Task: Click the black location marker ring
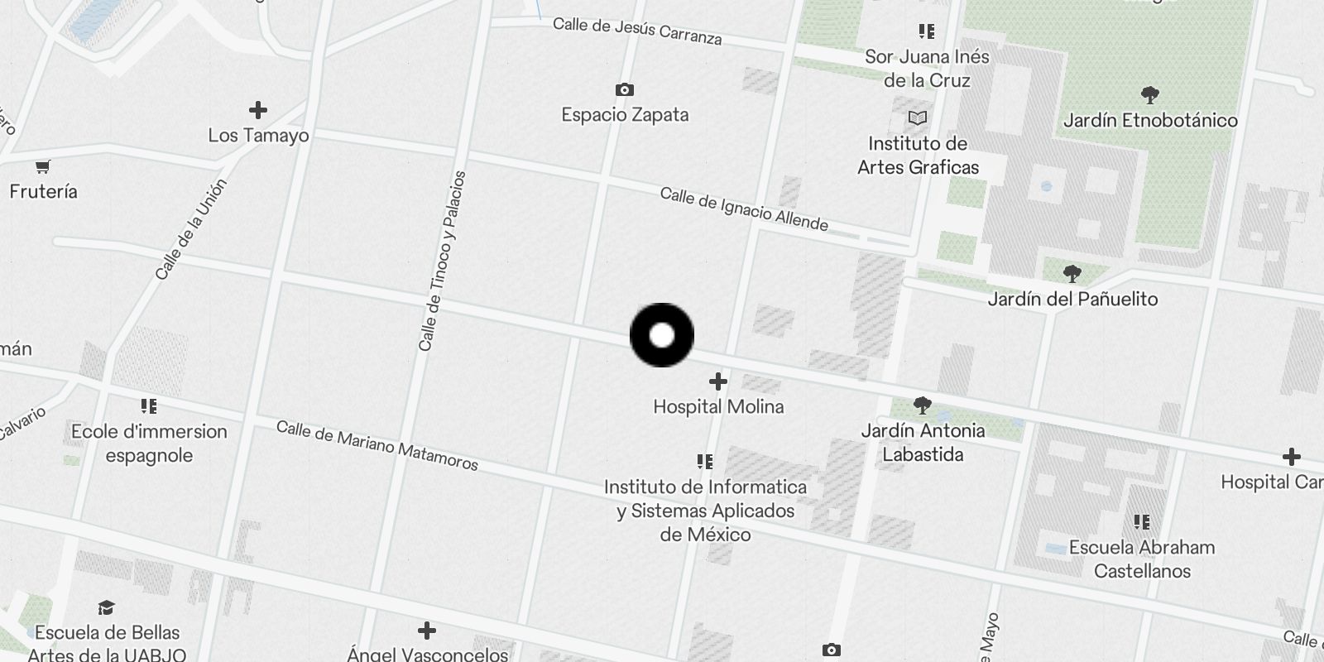click(662, 335)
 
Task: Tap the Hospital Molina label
click(718, 406)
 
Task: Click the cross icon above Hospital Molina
click(718, 381)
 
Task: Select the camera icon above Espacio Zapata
click(625, 89)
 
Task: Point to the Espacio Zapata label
click(625, 114)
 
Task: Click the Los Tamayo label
click(258, 135)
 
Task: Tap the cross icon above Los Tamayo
click(258, 110)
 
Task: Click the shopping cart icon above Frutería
click(43, 166)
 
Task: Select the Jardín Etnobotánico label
click(1150, 120)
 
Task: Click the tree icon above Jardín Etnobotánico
click(1149, 94)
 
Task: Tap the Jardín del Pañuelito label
click(1072, 299)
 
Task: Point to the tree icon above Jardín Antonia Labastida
click(923, 405)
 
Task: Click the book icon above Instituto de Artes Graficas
click(918, 118)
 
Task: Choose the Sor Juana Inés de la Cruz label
click(927, 68)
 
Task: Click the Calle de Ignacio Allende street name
click(744, 209)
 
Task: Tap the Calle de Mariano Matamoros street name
click(377, 445)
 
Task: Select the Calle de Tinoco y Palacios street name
click(443, 261)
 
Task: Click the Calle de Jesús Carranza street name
click(637, 31)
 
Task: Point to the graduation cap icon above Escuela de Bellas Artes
click(107, 608)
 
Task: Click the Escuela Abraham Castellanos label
click(1142, 559)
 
